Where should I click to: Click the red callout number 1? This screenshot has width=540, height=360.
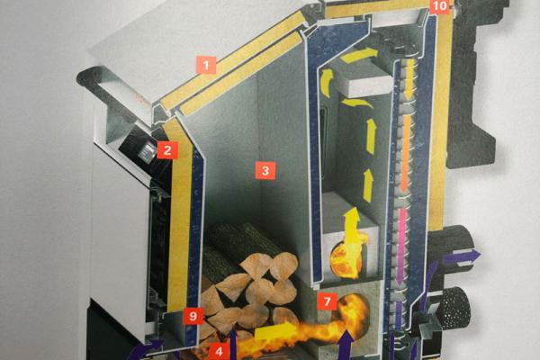pos(206,65)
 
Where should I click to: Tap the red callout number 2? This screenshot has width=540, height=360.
pos(167,150)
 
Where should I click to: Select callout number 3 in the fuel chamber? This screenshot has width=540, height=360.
pos(265,170)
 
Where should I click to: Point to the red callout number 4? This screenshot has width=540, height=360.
pos(220,351)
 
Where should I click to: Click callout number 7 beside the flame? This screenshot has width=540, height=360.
pos(328,301)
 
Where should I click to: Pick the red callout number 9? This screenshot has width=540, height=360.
pos(193,316)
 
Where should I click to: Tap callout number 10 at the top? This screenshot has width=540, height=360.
pos(439,6)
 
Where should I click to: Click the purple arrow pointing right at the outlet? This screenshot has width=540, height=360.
pos(463,257)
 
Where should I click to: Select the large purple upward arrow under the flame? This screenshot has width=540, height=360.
pos(346,345)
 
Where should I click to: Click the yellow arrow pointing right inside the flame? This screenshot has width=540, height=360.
pos(273,331)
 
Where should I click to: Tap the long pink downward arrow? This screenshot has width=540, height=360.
pos(400,247)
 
